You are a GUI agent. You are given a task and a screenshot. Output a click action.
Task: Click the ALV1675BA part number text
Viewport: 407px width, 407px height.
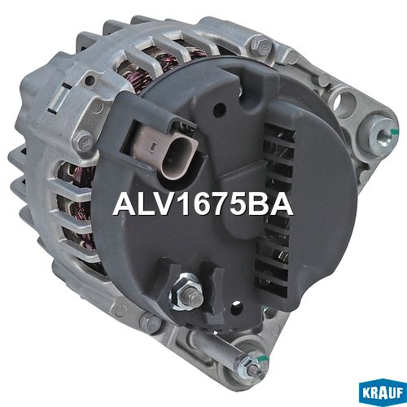pyautogui.click(x=203, y=205)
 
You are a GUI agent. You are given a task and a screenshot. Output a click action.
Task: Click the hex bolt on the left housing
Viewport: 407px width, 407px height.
pyautogui.click(x=84, y=141)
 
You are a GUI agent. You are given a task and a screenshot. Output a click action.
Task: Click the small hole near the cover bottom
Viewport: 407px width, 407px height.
pyautogui.click(x=236, y=305)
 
